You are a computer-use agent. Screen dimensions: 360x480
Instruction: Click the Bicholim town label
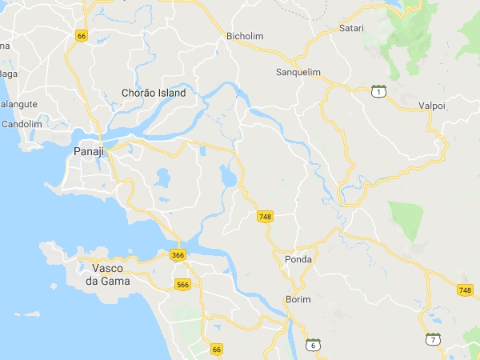[x=245, y=36]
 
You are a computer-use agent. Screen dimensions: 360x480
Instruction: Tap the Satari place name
[x=351, y=29]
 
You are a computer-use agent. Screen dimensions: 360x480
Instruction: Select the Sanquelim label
[x=298, y=72]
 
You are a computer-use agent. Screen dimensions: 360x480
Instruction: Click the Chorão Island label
[x=153, y=93]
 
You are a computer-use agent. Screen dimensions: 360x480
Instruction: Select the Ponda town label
[x=298, y=259]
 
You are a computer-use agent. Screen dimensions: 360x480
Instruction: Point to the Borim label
[x=298, y=300]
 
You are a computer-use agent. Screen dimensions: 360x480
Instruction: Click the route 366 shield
[x=178, y=255]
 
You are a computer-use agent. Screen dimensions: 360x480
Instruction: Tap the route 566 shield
[x=183, y=284]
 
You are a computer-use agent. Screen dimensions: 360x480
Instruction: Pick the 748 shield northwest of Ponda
[x=266, y=217]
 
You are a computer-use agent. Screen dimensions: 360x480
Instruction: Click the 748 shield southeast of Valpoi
[x=466, y=290]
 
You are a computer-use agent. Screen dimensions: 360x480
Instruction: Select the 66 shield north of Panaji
[x=81, y=35]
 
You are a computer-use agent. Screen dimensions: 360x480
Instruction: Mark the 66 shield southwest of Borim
[x=216, y=350]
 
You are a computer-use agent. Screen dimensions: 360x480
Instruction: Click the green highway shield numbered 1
[x=379, y=91]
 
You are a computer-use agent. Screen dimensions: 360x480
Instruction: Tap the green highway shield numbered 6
[x=314, y=344]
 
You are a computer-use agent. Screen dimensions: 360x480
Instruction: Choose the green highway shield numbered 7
[x=433, y=339]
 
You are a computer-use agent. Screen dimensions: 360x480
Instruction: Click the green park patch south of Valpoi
[x=407, y=219]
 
